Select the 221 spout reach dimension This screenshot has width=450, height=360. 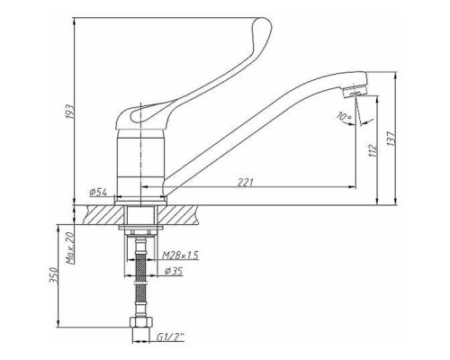coord(246,182)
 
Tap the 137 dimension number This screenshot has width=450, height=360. coord(391,139)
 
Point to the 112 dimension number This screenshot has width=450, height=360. coord(372,150)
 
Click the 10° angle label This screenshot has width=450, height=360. coord(344,117)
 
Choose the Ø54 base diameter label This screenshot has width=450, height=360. coord(98,192)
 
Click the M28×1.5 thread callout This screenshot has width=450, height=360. coord(180,256)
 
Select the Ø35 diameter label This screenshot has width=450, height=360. coord(174,271)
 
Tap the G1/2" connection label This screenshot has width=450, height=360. coord(170,337)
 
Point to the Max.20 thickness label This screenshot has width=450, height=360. coord(70,248)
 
